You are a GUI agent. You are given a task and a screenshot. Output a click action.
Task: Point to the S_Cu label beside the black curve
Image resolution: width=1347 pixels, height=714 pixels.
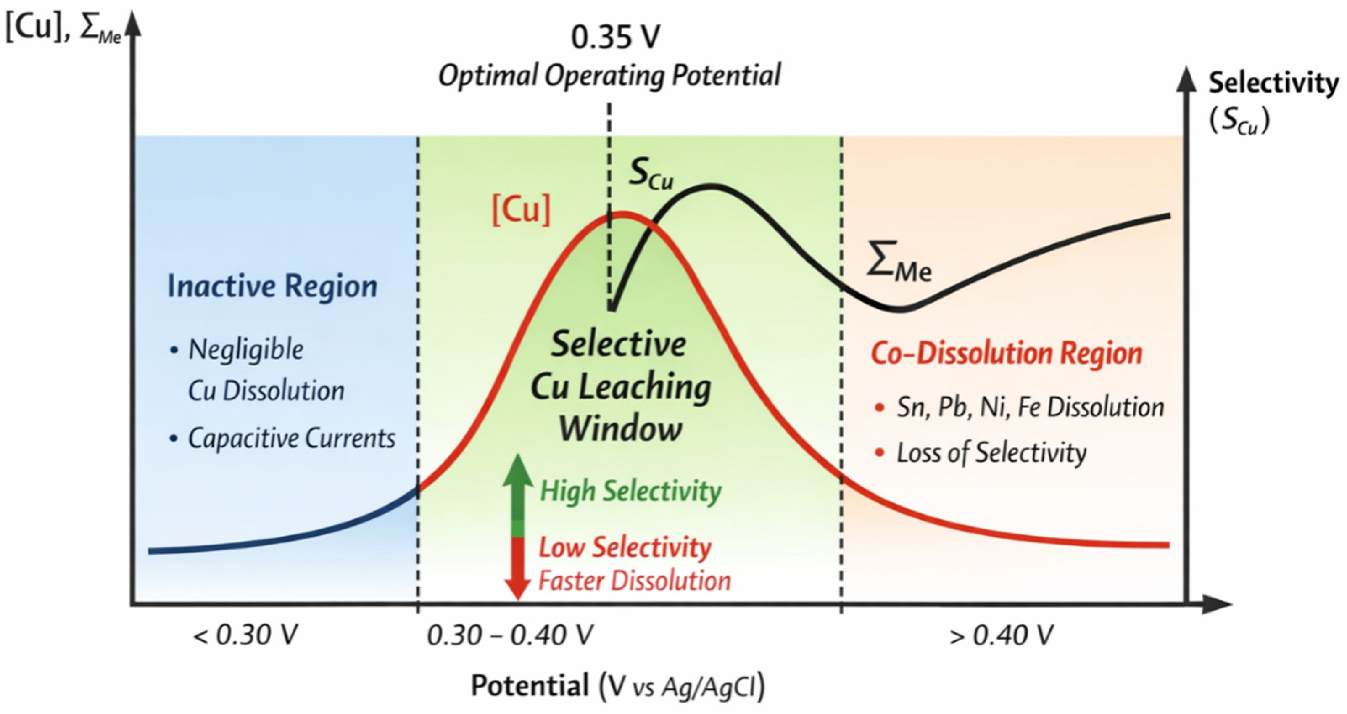(651, 174)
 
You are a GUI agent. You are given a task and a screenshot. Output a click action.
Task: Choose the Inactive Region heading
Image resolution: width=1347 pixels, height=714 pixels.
(272, 286)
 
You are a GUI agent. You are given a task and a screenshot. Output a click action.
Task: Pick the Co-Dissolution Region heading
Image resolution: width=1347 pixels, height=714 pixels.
(1007, 354)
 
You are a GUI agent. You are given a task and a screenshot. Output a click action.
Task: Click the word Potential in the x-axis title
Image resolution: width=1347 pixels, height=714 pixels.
(530, 685)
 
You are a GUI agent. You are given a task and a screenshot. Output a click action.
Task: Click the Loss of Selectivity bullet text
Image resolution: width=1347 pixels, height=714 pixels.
(991, 453)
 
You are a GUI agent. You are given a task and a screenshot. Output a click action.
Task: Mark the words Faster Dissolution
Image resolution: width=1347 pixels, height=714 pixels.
(634, 581)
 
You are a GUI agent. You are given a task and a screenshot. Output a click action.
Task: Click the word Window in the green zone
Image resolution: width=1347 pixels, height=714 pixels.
(621, 429)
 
